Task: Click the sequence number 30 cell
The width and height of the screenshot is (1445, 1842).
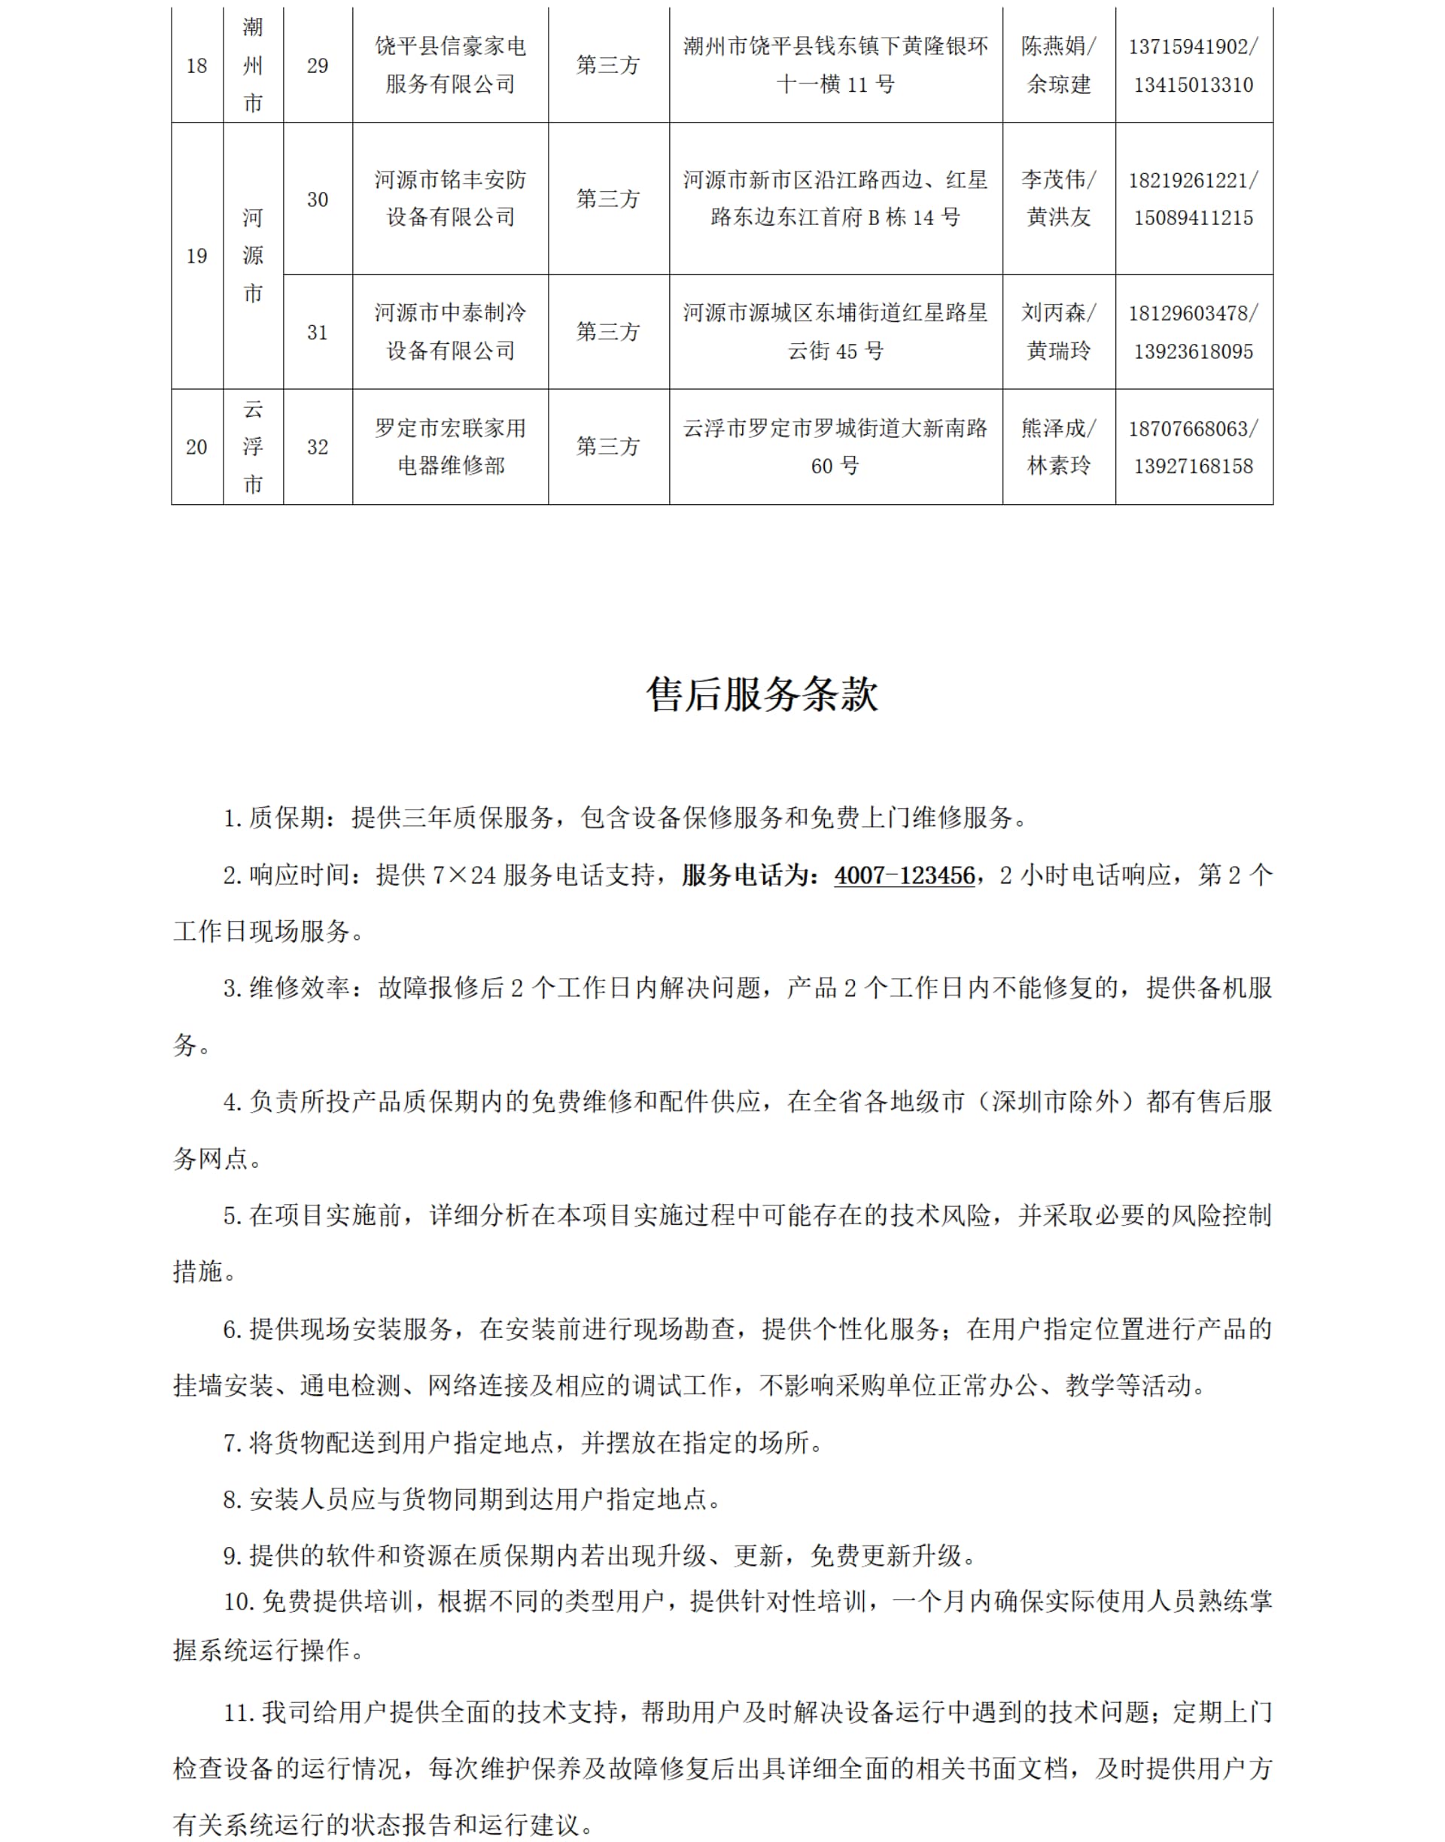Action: coord(318,199)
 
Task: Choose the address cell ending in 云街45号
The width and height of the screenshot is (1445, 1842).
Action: coord(835,332)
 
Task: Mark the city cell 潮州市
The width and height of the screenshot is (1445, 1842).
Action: coord(253,65)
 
